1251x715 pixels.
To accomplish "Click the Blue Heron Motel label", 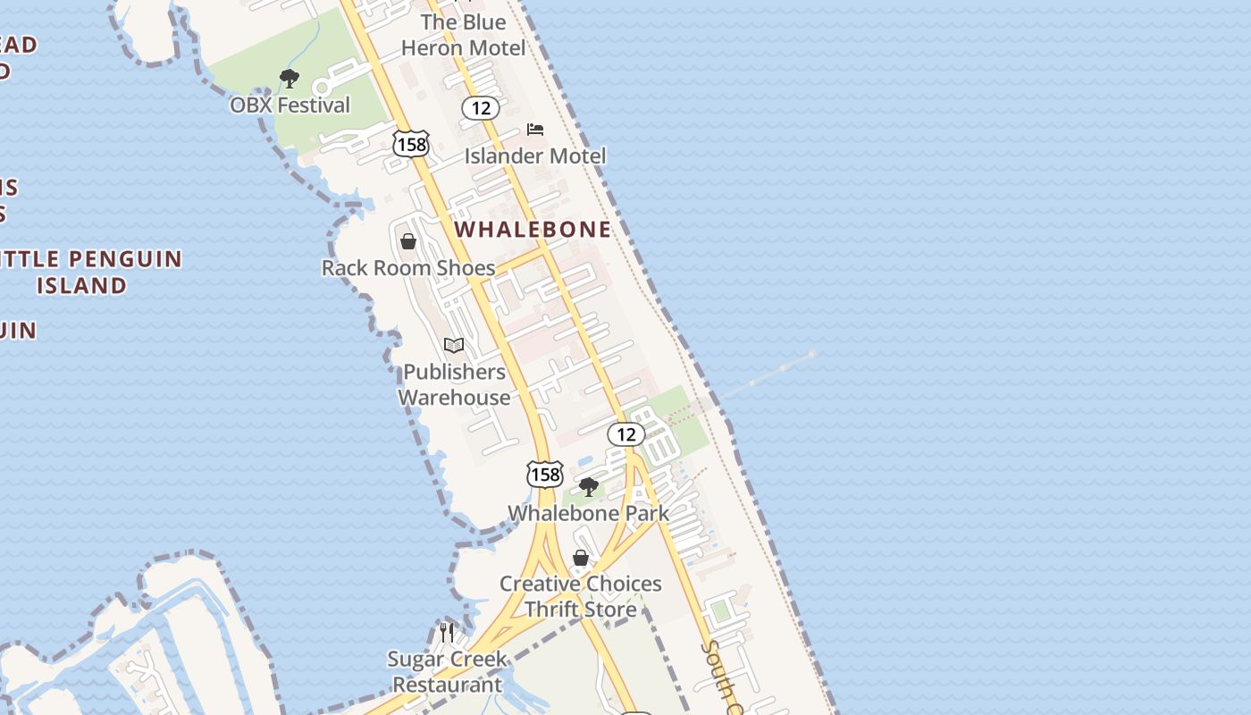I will pyautogui.click(x=463, y=35).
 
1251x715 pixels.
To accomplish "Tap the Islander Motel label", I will pyautogui.click(x=534, y=156).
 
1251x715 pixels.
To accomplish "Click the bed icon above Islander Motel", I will pyautogui.click(x=535, y=130).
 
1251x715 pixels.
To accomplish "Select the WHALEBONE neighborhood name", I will pyautogui.click(x=533, y=230).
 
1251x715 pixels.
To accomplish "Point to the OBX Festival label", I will pyautogui.click(x=290, y=105).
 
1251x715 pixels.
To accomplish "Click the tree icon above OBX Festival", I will pyautogui.click(x=289, y=79).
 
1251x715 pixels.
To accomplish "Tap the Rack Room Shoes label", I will pyautogui.click(x=407, y=268).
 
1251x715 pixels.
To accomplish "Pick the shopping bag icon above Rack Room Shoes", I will pyautogui.click(x=408, y=241).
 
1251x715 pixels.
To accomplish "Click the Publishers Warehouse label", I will pyautogui.click(x=454, y=384).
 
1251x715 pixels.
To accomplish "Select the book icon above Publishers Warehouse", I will pyautogui.click(x=454, y=345).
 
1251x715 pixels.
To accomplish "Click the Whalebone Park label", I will pyautogui.click(x=588, y=513).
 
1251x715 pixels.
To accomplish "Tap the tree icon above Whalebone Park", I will pyautogui.click(x=588, y=487).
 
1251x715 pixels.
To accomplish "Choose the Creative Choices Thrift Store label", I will pyautogui.click(x=580, y=596).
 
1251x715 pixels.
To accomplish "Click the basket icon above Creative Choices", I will pyautogui.click(x=581, y=558).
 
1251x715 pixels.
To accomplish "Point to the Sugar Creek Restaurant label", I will pyautogui.click(x=447, y=672).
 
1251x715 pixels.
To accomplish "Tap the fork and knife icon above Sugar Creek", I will pyautogui.click(x=447, y=632).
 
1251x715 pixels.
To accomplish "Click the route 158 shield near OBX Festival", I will pyautogui.click(x=410, y=143).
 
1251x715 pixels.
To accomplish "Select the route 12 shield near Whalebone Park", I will pyautogui.click(x=625, y=434).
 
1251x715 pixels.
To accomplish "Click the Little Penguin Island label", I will pyautogui.click(x=85, y=272).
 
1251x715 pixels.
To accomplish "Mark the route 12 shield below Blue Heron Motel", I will pyautogui.click(x=481, y=108).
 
